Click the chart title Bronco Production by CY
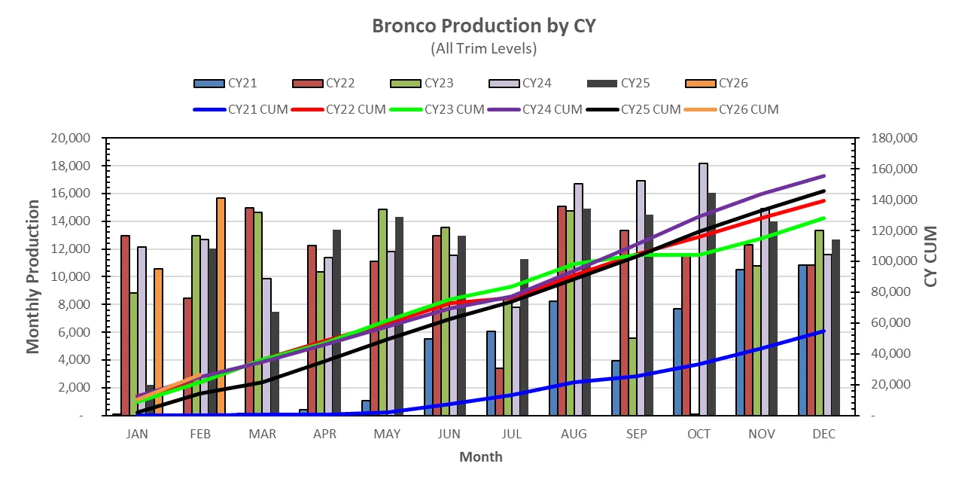[x=483, y=26]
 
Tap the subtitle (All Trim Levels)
[x=483, y=49]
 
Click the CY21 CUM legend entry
[x=241, y=109]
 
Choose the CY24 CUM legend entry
[x=535, y=109]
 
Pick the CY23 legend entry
[x=422, y=84]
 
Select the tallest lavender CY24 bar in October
[x=703, y=289]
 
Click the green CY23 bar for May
[x=382, y=312]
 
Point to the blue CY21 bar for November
[x=740, y=342]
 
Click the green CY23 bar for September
[x=632, y=377]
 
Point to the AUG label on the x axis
[x=574, y=435]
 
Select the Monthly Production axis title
[x=32, y=276]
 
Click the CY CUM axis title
[x=931, y=256]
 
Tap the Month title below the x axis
[x=480, y=457]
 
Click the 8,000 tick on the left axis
[x=77, y=305]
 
